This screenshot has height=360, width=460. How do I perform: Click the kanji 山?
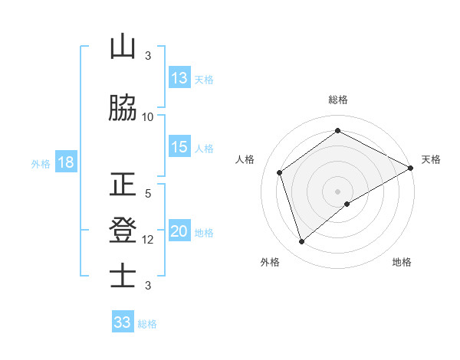(123, 47)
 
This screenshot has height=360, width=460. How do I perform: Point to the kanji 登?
(123, 231)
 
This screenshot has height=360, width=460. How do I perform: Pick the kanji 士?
(123, 275)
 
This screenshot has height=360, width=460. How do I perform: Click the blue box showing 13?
(179, 78)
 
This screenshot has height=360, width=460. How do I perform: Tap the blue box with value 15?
(179, 147)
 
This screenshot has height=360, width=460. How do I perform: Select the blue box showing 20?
(179, 231)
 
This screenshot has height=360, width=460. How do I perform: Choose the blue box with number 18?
(65, 162)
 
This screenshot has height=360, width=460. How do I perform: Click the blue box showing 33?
(123, 322)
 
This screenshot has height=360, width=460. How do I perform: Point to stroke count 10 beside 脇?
(148, 116)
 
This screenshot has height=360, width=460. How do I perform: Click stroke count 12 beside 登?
(148, 240)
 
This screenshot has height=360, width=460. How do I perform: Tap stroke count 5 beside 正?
(148, 195)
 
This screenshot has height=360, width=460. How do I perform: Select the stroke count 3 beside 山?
(148, 56)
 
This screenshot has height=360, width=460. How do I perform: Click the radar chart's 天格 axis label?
(431, 159)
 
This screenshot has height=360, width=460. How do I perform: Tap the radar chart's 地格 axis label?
(402, 262)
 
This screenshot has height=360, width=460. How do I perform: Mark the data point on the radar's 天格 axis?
(411, 168)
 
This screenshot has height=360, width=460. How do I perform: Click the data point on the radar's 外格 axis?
(301, 242)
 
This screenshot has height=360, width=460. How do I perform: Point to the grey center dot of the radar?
(337, 191)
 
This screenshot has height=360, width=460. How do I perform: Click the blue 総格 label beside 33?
(147, 323)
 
